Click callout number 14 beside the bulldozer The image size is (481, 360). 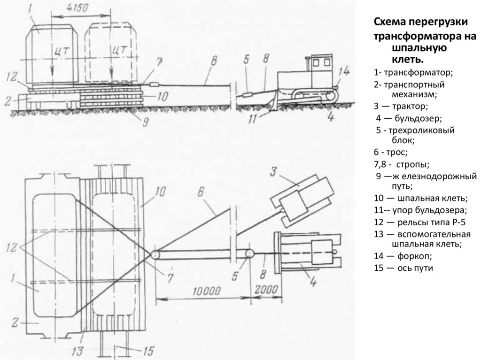tap(344, 72)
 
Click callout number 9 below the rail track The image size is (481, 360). tap(145, 121)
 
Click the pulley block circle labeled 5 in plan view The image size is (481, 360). tap(248, 253)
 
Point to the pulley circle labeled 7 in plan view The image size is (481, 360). tap(155, 254)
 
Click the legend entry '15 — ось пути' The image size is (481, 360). tap(403, 268)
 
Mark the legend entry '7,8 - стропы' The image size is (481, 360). tap(402, 164)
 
